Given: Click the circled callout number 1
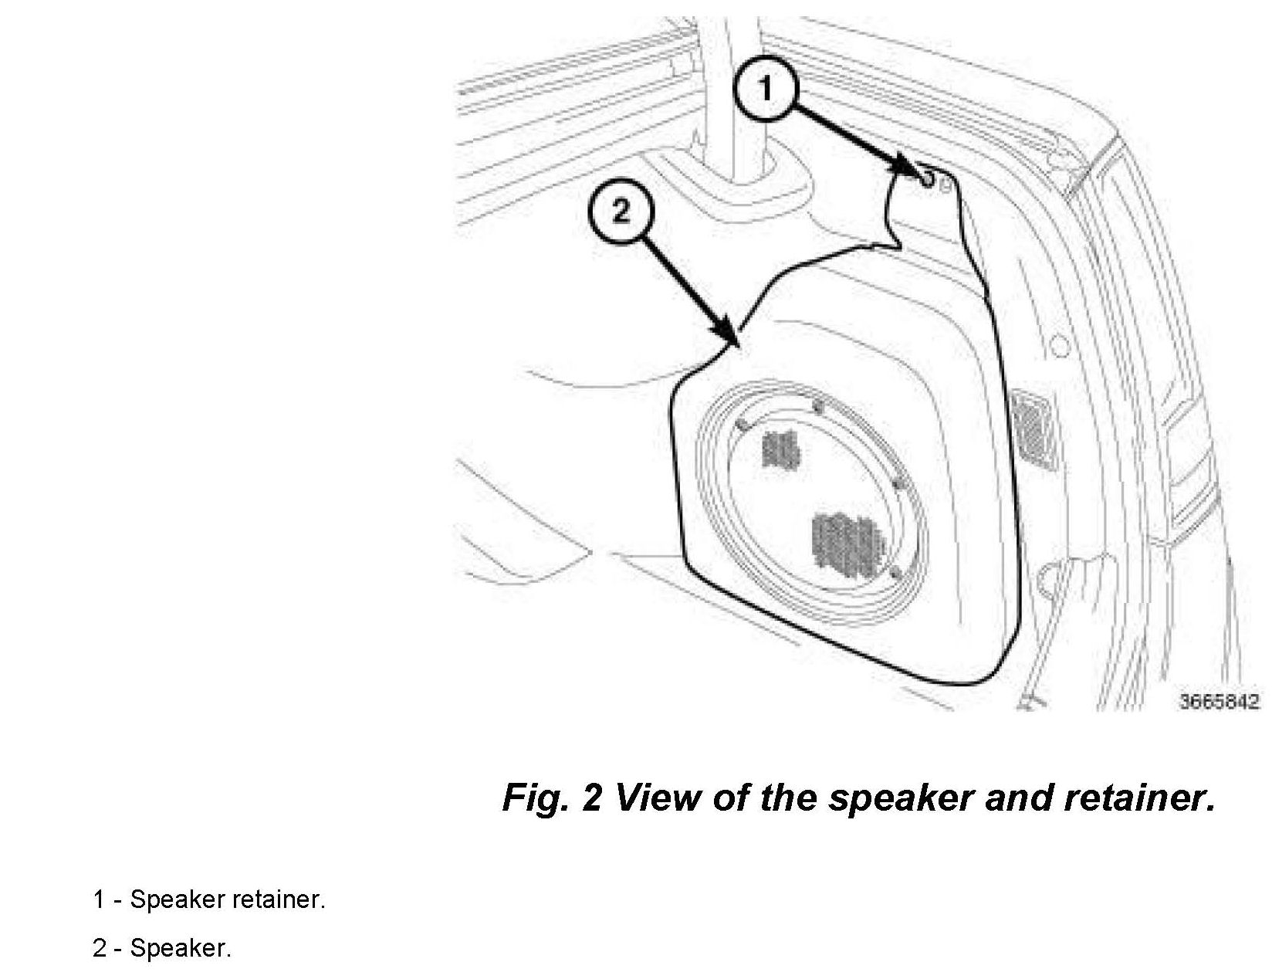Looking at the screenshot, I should click(765, 90).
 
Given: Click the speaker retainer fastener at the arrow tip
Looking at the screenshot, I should click(926, 180).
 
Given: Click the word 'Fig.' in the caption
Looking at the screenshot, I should click(535, 798).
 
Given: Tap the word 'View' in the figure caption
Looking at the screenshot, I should click(659, 798).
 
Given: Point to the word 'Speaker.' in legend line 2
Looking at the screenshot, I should click(181, 948).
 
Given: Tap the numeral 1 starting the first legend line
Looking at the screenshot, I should click(99, 899).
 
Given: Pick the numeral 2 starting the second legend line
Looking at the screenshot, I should click(99, 948).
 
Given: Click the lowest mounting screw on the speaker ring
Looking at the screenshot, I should click(895, 574).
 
